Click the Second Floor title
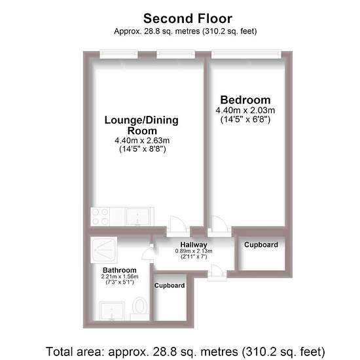pyautogui.click(x=188, y=18)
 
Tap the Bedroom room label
pyautogui.click(x=245, y=100)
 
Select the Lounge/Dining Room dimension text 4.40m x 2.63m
pyautogui.click(x=142, y=140)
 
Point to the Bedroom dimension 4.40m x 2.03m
pyautogui.click(x=245, y=111)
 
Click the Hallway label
pyautogui.click(x=194, y=245)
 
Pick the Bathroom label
pyautogui.click(x=119, y=270)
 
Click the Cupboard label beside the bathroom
pyautogui.click(x=170, y=285)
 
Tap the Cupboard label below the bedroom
pyautogui.click(x=261, y=245)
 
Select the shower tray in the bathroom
pyautogui.click(x=104, y=249)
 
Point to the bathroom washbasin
pyautogui.click(x=112, y=311)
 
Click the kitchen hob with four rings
pyautogui.click(x=100, y=217)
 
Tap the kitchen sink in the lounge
pyautogui.click(x=137, y=217)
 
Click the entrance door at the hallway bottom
pyautogui.click(x=217, y=272)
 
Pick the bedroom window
pyautogui.click(x=246, y=54)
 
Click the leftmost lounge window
pyautogui.click(x=118, y=54)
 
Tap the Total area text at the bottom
pyautogui.click(x=185, y=351)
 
